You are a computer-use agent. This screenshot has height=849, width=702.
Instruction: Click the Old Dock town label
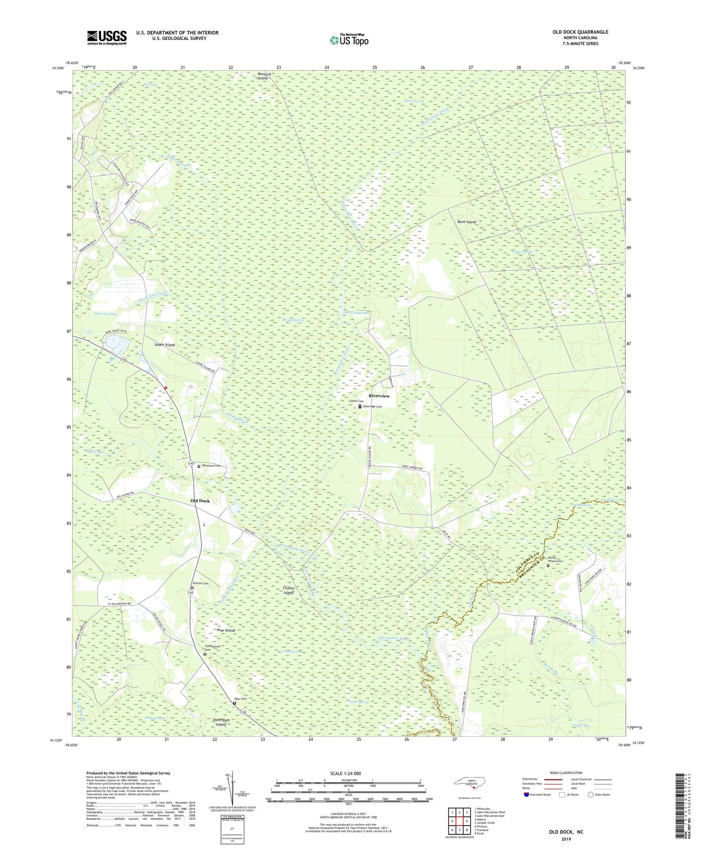click(x=200, y=501)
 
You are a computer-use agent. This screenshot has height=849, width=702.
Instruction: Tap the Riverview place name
click(x=379, y=396)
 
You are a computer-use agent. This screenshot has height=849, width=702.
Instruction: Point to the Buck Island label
click(x=466, y=222)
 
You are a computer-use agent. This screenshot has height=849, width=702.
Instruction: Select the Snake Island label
click(x=164, y=345)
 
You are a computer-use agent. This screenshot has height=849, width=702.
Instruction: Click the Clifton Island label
click(x=289, y=590)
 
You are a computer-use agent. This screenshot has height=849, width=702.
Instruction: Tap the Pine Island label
click(x=225, y=630)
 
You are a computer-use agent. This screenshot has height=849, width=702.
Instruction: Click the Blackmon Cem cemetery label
click(x=211, y=466)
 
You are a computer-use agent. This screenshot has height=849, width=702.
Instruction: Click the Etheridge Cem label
click(x=372, y=407)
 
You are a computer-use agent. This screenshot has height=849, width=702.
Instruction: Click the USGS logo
click(x=106, y=37)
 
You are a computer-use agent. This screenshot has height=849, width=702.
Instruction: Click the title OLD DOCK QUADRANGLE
click(x=580, y=32)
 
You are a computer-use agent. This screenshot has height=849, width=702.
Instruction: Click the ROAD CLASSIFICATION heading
click(x=566, y=773)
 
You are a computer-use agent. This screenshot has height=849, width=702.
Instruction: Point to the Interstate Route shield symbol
click(x=527, y=795)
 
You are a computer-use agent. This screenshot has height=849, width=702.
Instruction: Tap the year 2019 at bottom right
click(x=566, y=839)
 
